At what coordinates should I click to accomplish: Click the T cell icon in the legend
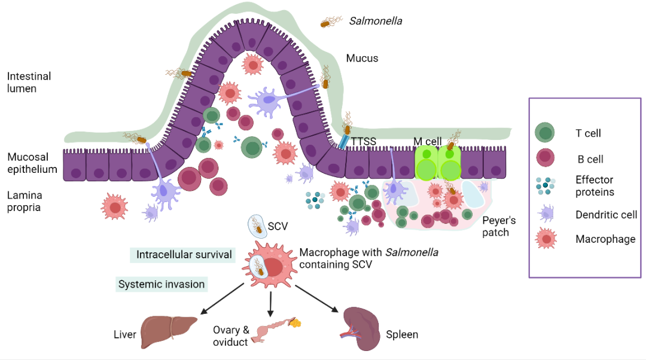(546, 133)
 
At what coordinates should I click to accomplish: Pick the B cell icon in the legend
(546, 158)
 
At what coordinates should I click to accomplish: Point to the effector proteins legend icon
(546, 186)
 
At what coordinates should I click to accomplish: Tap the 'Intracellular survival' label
(184, 255)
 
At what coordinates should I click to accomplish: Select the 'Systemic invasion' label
(162, 285)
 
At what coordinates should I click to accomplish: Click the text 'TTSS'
(364, 142)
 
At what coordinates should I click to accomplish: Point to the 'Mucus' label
(362, 58)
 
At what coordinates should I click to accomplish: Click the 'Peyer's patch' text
(498, 226)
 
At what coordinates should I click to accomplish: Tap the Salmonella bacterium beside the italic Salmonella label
(328, 23)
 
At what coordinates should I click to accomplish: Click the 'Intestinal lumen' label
(29, 83)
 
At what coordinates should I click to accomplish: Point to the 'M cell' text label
(427, 142)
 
